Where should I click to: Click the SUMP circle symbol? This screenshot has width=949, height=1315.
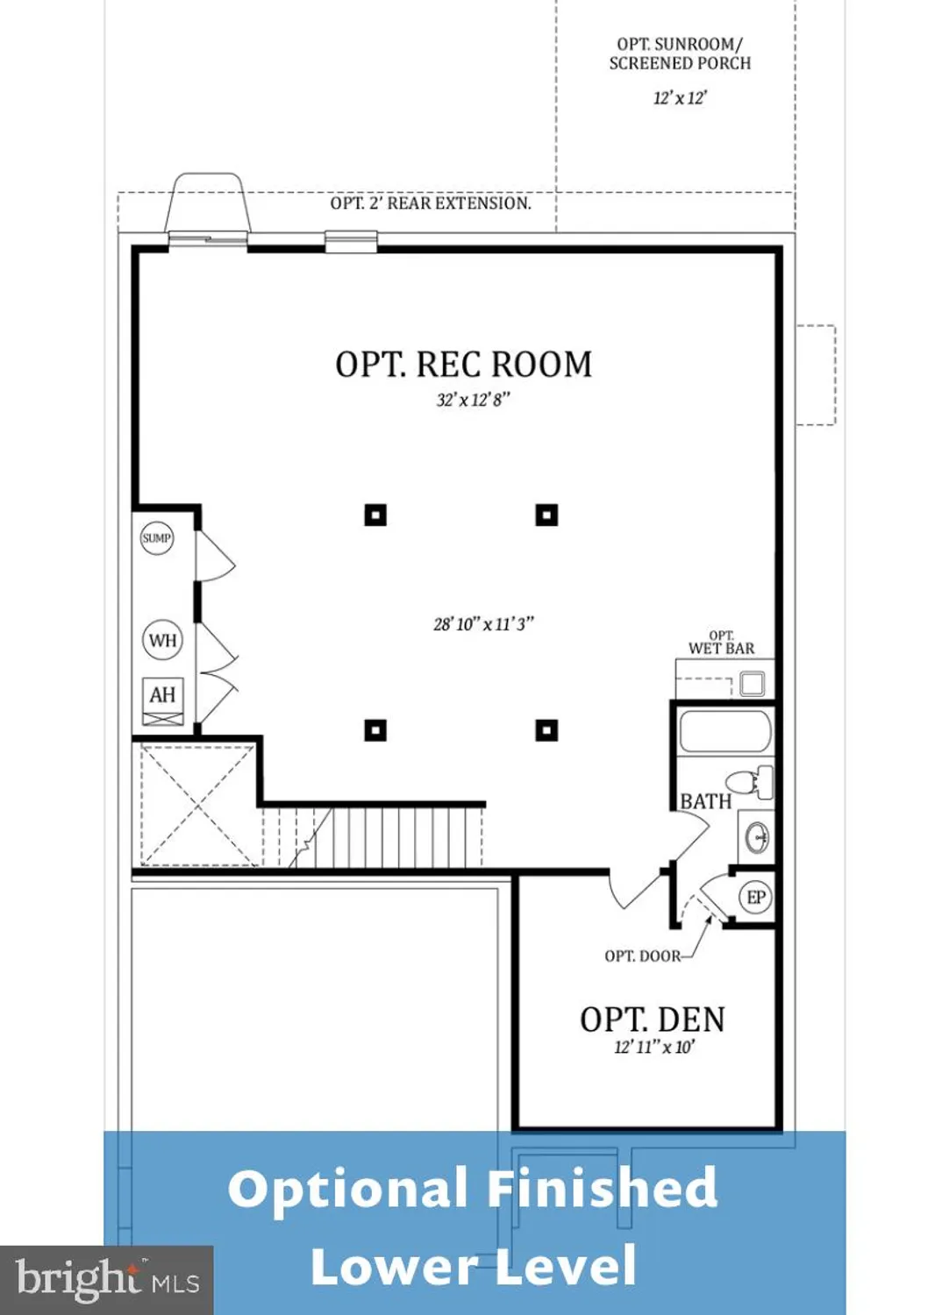(x=157, y=538)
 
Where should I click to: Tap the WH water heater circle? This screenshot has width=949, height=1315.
(x=162, y=640)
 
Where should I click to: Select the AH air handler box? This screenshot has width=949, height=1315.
(x=162, y=695)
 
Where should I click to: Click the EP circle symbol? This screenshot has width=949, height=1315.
(x=756, y=898)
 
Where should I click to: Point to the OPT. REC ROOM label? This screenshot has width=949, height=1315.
(x=463, y=365)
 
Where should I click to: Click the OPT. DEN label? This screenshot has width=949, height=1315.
(x=653, y=1020)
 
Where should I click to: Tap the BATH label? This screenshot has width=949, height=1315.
(x=705, y=801)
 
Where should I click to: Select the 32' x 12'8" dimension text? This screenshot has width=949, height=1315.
(x=473, y=401)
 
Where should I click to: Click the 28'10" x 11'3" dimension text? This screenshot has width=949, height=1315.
(x=483, y=624)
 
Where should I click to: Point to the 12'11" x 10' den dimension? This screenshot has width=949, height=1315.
(x=654, y=1048)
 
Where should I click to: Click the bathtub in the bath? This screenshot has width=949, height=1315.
(x=724, y=732)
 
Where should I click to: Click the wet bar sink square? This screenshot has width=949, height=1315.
(x=752, y=683)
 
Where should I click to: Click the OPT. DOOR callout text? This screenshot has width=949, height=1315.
(x=642, y=956)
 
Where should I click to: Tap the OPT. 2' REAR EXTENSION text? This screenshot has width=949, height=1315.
(x=431, y=203)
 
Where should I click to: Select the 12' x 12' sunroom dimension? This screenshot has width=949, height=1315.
(x=680, y=98)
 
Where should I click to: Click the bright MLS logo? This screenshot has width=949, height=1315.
(x=107, y=1280)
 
